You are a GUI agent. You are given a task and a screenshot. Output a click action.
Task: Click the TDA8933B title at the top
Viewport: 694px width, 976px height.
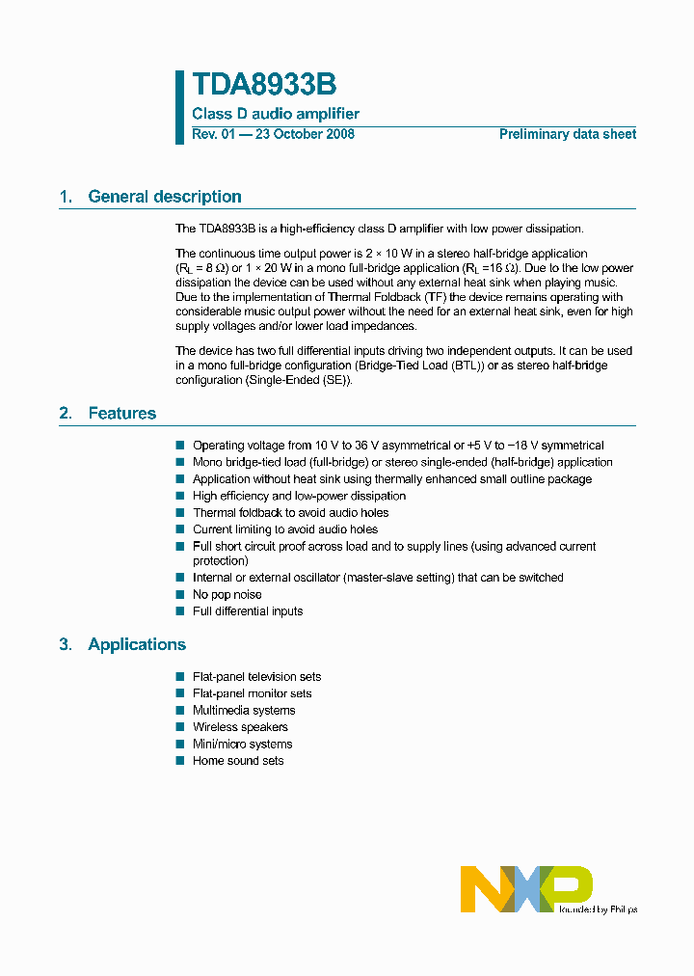264,86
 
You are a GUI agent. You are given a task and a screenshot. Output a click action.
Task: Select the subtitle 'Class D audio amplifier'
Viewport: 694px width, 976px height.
276,114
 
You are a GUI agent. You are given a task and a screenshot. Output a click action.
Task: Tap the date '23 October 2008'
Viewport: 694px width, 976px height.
304,134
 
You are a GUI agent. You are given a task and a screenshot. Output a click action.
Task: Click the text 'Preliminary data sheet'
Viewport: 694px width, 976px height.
567,134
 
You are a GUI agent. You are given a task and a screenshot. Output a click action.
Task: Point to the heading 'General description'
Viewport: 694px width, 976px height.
164,197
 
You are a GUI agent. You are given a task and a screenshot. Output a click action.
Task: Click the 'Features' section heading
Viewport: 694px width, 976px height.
121,413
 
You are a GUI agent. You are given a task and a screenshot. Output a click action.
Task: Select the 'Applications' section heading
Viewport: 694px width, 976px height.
137,644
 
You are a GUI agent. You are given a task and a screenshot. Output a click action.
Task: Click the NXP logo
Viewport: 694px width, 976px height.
525,888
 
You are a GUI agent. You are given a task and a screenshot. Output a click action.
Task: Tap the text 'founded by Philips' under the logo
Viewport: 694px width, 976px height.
598,908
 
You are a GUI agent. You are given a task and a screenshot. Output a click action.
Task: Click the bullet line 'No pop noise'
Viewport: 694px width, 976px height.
227,594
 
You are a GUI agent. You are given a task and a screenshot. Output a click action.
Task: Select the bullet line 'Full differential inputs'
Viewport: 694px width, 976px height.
247,611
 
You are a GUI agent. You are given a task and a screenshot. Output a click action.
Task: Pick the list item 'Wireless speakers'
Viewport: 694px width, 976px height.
240,727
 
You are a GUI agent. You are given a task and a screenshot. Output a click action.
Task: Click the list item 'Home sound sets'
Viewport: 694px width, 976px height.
238,761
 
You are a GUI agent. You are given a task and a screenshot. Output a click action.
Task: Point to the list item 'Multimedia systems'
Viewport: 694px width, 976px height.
244,711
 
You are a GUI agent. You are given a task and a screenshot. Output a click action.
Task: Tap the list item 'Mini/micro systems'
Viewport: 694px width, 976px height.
242,745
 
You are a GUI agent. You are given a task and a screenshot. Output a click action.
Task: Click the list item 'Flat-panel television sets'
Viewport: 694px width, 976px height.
256,677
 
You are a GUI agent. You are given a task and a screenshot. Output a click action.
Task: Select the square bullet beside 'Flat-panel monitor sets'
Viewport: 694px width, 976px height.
179,693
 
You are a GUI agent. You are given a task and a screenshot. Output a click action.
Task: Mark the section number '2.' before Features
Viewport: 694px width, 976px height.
66,413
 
